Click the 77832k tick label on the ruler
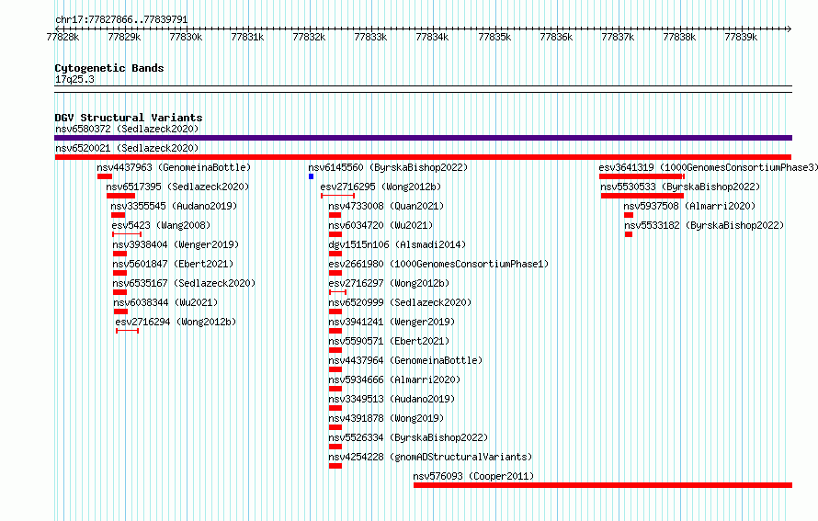click(309, 37)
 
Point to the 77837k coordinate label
click(618, 37)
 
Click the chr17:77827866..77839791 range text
click(121, 20)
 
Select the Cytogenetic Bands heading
click(109, 68)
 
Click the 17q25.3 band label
click(74, 79)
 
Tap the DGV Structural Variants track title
click(129, 118)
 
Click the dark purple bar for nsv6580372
click(423, 138)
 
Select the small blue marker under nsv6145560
click(311, 176)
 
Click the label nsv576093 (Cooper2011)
click(473, 476)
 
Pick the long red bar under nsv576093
click(603, 485)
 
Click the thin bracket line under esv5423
click(127, 234)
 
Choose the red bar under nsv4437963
click(105, 176)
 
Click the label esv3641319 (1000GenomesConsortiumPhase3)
click(708, 167)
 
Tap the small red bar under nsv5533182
click(629, 234)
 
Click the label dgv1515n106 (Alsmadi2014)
click(397, 244)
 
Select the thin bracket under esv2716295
click(337, 196)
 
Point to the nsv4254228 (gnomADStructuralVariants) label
click(430, 457)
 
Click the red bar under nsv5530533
click(642, 196)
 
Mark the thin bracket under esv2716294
click(127, 331)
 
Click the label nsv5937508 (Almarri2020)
click(689, 206)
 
